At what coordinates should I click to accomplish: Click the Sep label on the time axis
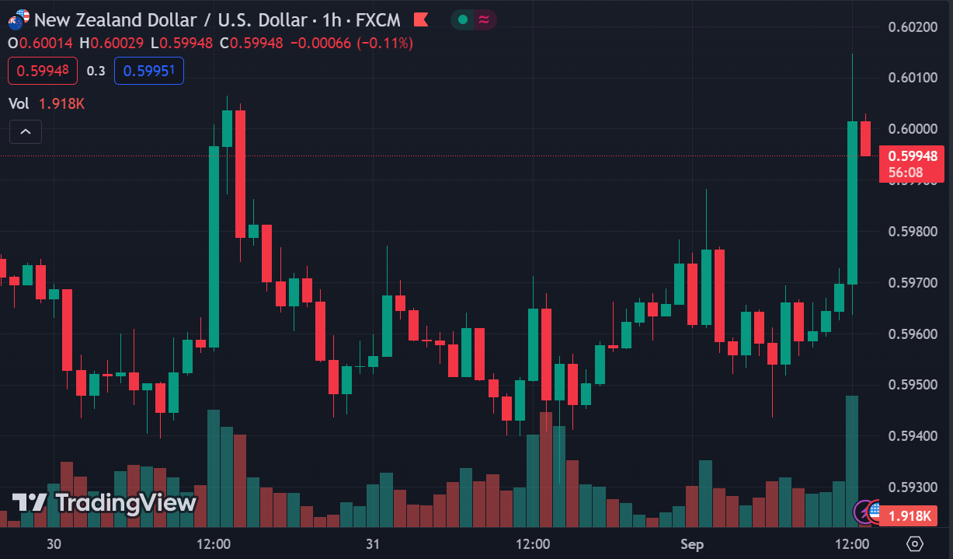tap(691, 543)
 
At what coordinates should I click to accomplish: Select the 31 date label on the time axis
tap(373, 543)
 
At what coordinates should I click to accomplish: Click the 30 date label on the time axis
tap(54, 543)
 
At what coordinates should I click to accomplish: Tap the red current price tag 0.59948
tap(912, 156)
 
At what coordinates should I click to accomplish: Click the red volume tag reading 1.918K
tap(910, 515)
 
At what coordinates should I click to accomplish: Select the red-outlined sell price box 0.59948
tap(43, 71)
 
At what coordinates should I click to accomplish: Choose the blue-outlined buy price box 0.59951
tap(149, 71)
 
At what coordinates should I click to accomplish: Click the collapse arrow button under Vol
tap(25, 131)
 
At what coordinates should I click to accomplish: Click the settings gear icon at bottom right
tap(915, 543)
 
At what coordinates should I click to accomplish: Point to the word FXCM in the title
tap(378, 19)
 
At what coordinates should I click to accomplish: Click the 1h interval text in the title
tap(330, 19)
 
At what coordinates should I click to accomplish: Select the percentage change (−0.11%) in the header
tap(384, 44)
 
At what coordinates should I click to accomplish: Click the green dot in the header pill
tap(463, 19)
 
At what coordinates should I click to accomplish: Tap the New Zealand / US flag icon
tap(19, 19)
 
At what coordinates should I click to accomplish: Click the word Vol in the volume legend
tap(19, 103)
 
